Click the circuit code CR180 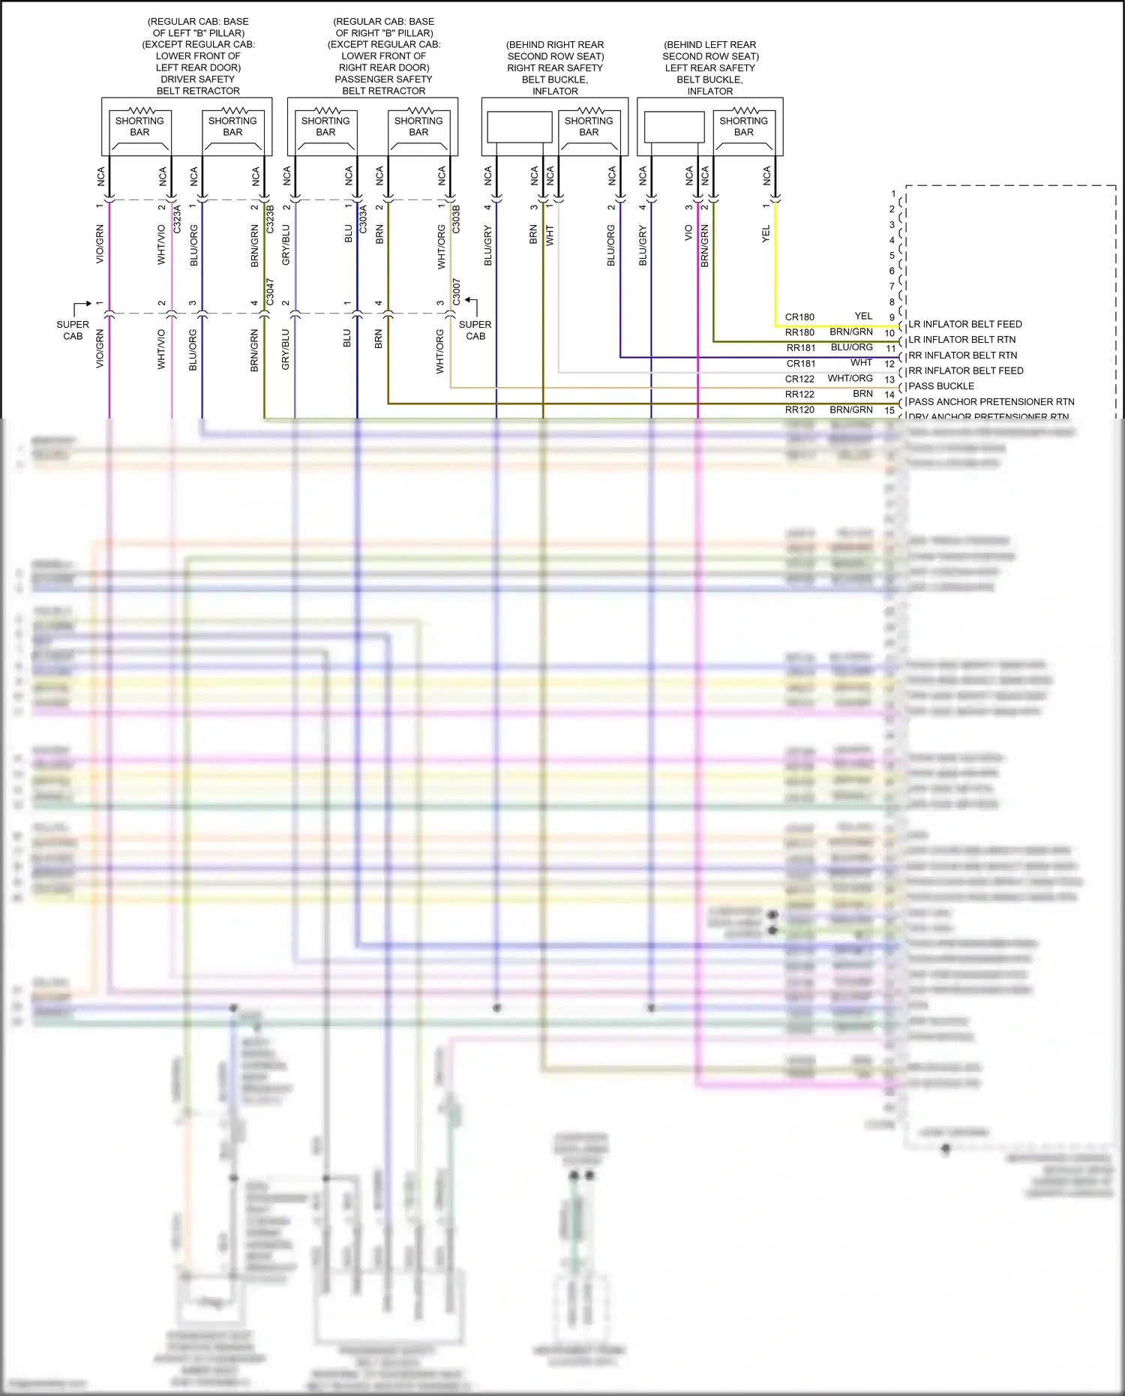pyautogui.click(x=799, y=317)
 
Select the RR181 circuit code pyautogui.click(x=800, y=348)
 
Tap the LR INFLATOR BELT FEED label pyautogui.click(x=964, y=324)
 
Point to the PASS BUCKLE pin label pyautogui.click(x=941, y=386)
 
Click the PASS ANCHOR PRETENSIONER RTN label pyautogui.click(x=991, y=402)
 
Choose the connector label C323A pyautogui.click(x=178, y=218)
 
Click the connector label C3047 pyautogui.click(x=270, y=292)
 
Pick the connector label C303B pyautogui.click(x=456, y=218)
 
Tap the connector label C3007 pyautogui.click(x=456, y=292)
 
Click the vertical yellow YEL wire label pyautogui.click(x=766, y=234)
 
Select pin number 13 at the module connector pyautogui.click(x=889, y=380)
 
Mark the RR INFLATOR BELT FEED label pyautogui.click(x=965, y=371)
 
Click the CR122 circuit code pyautogui.click(x=799, y=379)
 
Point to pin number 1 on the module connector pyautogui.click(x=893, y=194)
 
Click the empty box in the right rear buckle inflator pyautogui.click(x=519, y=127)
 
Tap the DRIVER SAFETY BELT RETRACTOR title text pyautogui.click(x=198, y=85)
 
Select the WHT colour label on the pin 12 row pyautogui.click(x=861, y=363)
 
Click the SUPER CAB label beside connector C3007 pyautogui.click(x=475, y=330)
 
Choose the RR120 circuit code pyautogui.click(x=799, y=410)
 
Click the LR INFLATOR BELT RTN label pyautogui.click(x=961, y=340)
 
